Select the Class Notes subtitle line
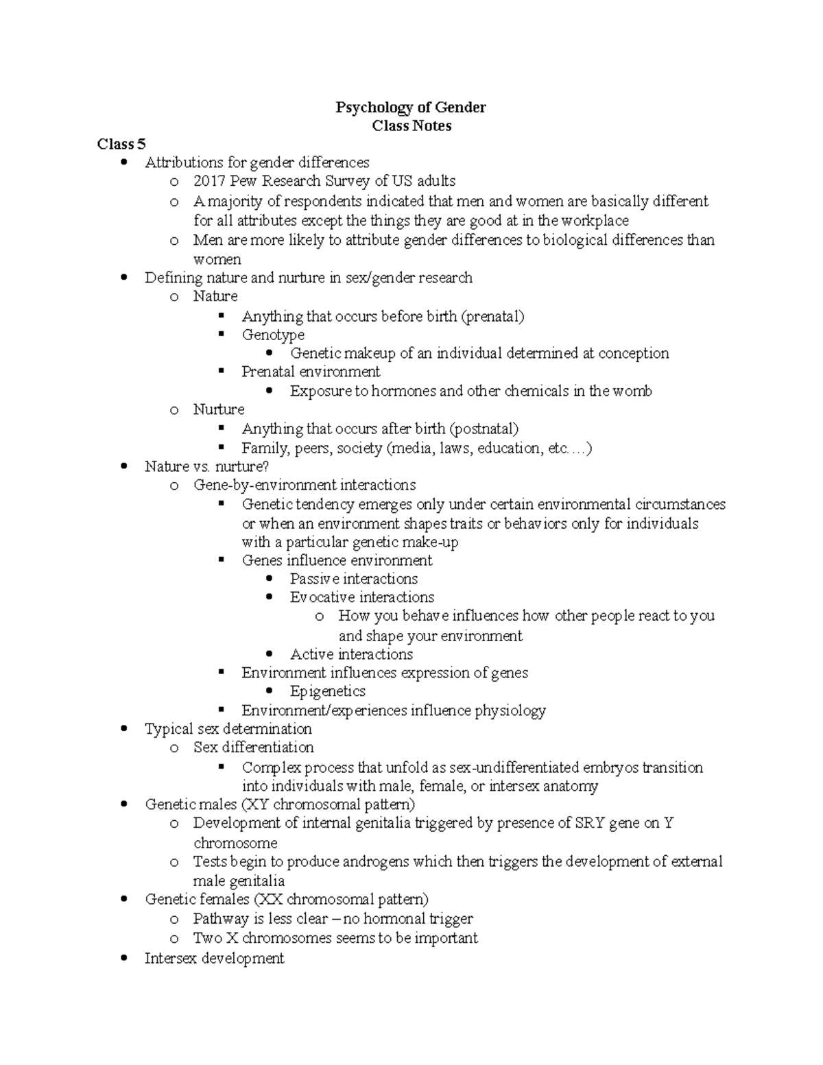pyautogui.click(x=411, y=126)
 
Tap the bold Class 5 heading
pyautogui.click(x=121, y=144)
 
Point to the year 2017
pyautogui.click(x=209, y=182)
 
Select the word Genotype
pyautogui.click(x=273, y=335)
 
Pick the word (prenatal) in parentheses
pyautogui.click(x=492, y=316)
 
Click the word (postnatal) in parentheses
pyautogui.click(x=484, y=429)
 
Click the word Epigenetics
pyautogui.click(x=328, y=691)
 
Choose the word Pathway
pyautogui.click(x=221, y=919)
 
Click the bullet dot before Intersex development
pyautogui.click(x=123, y=959)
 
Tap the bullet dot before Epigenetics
pyautogui.click(x=270, y=691)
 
